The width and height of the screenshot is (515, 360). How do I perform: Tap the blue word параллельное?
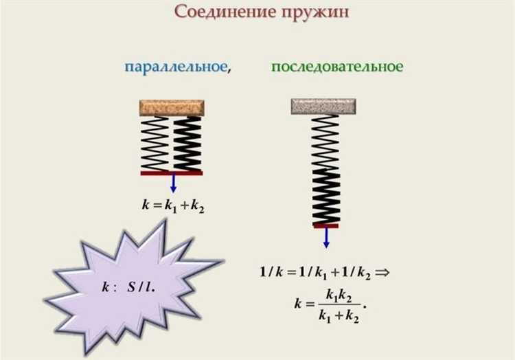[x=176, y=67]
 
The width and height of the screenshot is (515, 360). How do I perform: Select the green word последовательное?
[x=337, y=67]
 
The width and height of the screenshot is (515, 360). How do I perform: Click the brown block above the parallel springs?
[x=172, y=107]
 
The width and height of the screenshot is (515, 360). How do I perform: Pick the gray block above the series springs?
[x=323, y=106]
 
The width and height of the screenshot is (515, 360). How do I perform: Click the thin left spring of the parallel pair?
[x=155, y=143]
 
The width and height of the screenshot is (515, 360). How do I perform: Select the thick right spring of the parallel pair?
[x=187, y=143]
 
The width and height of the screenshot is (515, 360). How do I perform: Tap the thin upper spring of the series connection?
[x=325, y=141]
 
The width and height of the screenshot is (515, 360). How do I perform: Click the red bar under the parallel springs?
[x=172, y=173]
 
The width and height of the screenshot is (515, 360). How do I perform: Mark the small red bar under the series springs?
[x=325, y=225]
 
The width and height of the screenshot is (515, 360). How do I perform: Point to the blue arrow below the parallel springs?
[x=173, y=183]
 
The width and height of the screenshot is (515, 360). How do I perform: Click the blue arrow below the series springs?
[x=326, y=237]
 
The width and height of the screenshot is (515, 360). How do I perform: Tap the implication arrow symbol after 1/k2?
[x=382, y=271]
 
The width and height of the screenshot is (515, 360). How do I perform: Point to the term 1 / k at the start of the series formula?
[x=272, y=272]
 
